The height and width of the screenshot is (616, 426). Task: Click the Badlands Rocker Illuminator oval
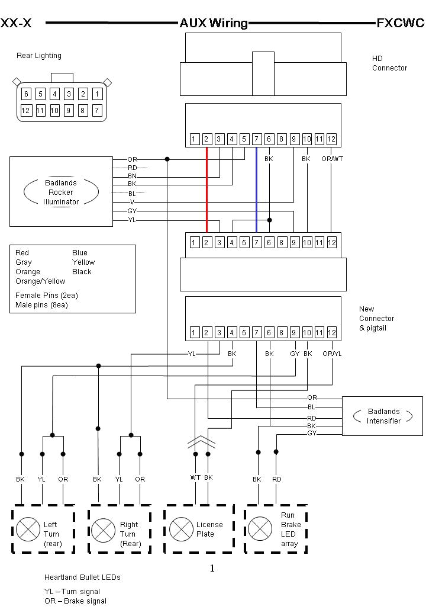pos(61,192)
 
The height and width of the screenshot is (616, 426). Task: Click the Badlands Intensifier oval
pos(383,416)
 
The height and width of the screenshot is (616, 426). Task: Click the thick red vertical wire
pos(206,190)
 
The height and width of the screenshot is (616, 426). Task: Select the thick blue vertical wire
pos(256,190)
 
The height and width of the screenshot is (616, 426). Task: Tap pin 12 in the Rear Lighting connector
pos(26,110)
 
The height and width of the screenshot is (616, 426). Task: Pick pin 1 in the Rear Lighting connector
pos(97,94)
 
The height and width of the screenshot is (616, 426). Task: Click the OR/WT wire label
pos(331,159)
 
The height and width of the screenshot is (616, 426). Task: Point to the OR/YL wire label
pos(332,354)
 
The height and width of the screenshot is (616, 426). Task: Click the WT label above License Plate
pos(195,477)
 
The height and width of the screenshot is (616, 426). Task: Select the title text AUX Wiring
pos(214,23)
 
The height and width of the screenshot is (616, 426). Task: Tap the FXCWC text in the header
pos(401,23)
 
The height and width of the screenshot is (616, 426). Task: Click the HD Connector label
pos(389,63)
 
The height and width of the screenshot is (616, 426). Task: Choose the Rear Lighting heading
pos(39,56)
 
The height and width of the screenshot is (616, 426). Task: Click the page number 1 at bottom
pos(212,569)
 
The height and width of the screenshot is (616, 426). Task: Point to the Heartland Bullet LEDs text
pos(82,577)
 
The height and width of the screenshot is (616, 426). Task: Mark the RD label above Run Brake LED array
pos(276,479)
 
